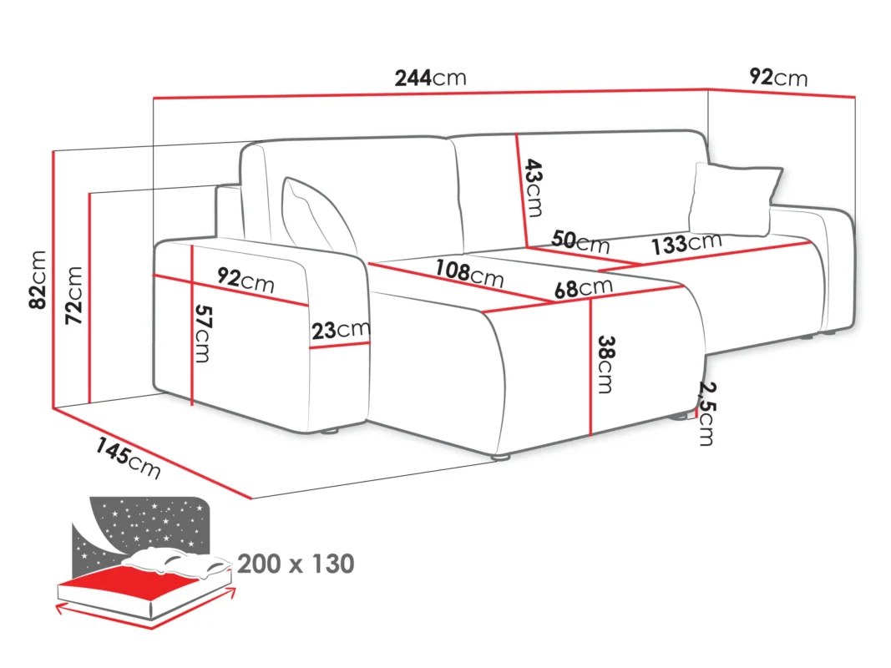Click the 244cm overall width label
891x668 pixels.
click(x=430, y=78)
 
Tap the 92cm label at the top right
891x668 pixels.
click(x=778, y=77)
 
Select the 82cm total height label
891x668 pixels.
click(x=38, y=280)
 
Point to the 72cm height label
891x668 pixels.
click(x=73, y=296)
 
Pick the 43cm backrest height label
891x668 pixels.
click(x=533, y=188)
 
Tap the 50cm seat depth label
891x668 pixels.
click(x=580, y=240)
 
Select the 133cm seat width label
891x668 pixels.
click(x=686, y=244)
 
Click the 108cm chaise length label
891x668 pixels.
click(x=469, y=273)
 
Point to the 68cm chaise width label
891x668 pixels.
click(x=584, y=288)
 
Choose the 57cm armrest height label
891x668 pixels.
click(x=203, y=333)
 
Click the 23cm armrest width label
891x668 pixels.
click(x=341, y=330)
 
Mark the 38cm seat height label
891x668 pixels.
click(x=605, y=365)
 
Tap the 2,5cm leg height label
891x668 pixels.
click(x=707, y=413)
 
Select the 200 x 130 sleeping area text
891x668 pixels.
click(x=296, y=564)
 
